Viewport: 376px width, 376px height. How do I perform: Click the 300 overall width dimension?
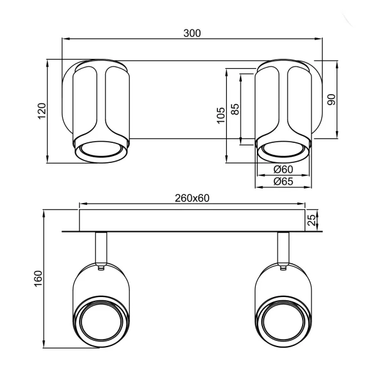192,33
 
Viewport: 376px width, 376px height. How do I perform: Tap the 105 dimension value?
221,115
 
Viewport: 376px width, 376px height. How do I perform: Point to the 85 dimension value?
235,109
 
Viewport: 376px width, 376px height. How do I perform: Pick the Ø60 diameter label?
283,170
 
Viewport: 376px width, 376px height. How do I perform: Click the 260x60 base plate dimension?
192,198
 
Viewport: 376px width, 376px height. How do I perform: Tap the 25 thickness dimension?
311,220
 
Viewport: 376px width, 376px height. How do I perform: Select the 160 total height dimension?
37,278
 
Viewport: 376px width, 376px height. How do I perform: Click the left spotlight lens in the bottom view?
100,320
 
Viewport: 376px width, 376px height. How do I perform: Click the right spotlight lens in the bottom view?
283,320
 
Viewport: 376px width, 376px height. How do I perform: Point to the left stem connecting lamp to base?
101,247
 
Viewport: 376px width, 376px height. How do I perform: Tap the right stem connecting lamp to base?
283,247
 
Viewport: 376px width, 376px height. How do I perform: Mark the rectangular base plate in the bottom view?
192,220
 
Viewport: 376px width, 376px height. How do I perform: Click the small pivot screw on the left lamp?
101,268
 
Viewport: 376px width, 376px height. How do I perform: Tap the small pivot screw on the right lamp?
284,268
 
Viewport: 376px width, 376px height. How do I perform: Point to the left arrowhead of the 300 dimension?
64,39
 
